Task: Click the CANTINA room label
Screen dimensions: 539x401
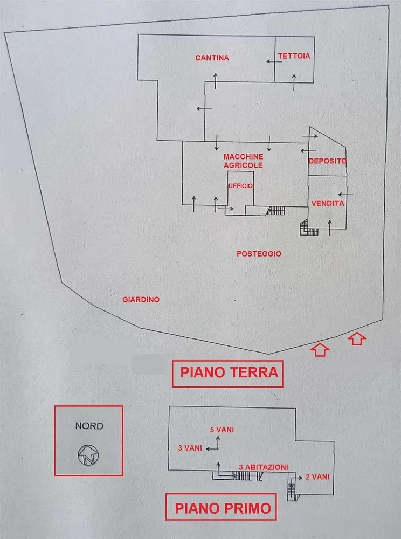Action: (x=212, y=58)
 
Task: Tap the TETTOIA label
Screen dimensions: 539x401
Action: (x=294, y=56)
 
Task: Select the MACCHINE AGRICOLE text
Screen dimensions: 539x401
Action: (x=243, y=161)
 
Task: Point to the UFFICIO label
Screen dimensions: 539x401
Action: (x=240, y=186)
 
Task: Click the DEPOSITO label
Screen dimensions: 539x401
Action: (x=328, y=161)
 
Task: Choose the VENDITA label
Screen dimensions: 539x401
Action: (x=328, y=203)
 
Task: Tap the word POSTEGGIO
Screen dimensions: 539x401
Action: (x=259, y=253)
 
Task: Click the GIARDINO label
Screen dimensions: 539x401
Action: (x=141, y=300)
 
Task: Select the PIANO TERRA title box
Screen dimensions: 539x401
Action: (x=228, y=372)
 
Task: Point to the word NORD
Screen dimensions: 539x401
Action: (x=89, y=425)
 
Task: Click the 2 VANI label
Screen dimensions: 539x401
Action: (x=317, y=476)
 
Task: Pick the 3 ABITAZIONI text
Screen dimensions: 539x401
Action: (x=264, y=467)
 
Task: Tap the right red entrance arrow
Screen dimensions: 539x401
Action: (x=358, y=339)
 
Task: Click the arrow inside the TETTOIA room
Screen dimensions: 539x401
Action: (x=294, y=81)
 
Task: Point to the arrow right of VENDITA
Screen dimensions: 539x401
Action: (x=346, y=193)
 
